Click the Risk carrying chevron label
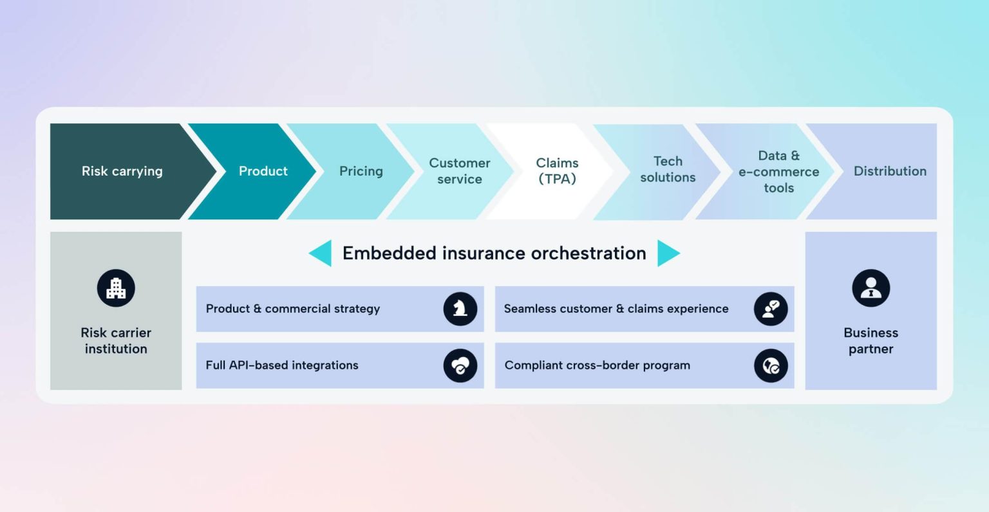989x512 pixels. click(x=122, y=171)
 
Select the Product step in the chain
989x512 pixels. click(x=263, y=171)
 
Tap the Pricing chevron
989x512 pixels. click(x=361, y=171)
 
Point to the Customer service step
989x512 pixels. click(x=459, y=171)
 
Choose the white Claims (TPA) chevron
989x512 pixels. click(x=557, y=171)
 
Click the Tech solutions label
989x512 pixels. click(x=668, y=169)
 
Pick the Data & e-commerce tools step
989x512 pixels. click(x=778, y=172)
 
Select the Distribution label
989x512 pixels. click(x=890, y=171)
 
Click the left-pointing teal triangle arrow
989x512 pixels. click(x=321, y=253)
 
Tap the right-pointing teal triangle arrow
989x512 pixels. click(x=667, y=253)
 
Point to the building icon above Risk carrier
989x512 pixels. click(x=116, y=288)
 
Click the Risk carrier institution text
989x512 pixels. click(x=116, y=341)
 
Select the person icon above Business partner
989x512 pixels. click(x=871, y=288)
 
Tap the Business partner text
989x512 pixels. click(x=871, y=341)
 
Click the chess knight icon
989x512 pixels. click(x=460, y=309)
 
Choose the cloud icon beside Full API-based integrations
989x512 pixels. click(x=460, y=365)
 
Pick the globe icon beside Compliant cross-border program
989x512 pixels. click(x=771, y=365)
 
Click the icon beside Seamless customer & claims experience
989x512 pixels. click(x=771, y=309)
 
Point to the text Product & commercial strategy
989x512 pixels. click(x=293, y=309)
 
